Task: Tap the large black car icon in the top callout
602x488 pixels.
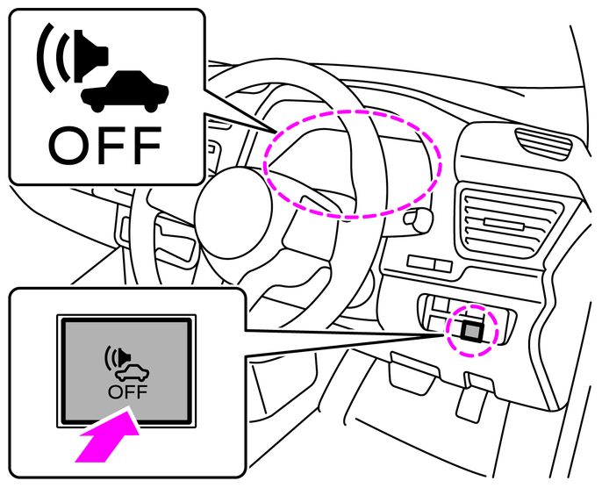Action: click(x=125, y=92)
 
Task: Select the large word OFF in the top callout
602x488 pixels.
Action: click(x=104, y=146)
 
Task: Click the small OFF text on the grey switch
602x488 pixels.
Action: click(x=127, y=392)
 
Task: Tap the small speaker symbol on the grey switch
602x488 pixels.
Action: click(x=118, y=357)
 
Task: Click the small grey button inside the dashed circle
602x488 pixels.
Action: click(x=472, y=330)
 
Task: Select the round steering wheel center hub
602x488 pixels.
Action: click(x=233, y=213)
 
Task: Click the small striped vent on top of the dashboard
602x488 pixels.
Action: click(x=543, y=144)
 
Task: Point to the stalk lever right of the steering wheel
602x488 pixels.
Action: click(x=418, y=219)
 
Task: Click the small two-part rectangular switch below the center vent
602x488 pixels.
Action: click(x=429, y=263)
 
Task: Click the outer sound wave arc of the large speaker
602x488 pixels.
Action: click(x=44, y=58)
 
